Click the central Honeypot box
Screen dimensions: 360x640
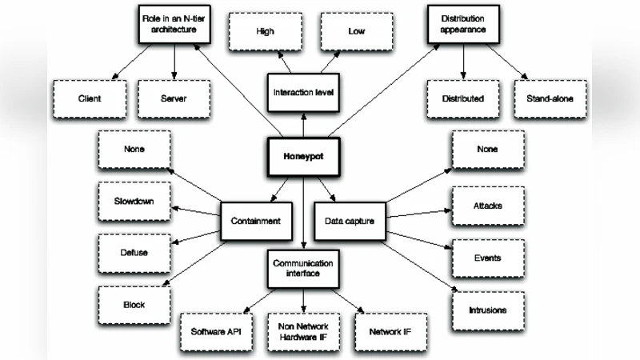pyautogui.click(x=303, y=157)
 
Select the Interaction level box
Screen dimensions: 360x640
pyautogui.click(x=302, y=92)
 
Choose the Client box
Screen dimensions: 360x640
pyautogui.click(x=90, y=98)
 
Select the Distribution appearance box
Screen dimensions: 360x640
pyautogui.click(x=463, y=24)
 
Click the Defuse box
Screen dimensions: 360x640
pyautogui.click(x=134, y=253)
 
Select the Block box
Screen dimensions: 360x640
pyautogui.click(x=134, y=304)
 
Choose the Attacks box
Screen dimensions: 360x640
pyautogui.click(x=487, y=206)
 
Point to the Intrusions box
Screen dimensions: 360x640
pyautogui.click(x=487, y=308)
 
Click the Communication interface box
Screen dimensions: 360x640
pyautogui.click(x=302, y=269)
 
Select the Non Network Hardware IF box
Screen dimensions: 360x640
pyautogui.click(x=303, y=330)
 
